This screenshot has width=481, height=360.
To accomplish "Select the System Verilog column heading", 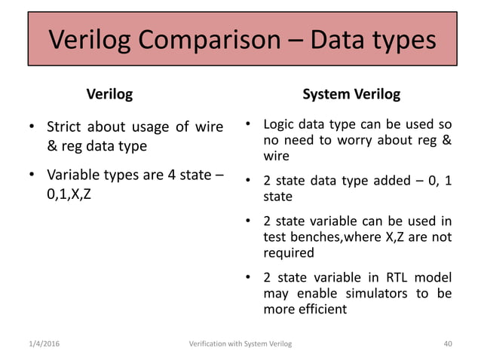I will [351, 95].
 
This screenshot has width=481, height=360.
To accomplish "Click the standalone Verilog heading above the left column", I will [110, 95].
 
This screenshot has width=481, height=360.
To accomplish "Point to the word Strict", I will [66, 126].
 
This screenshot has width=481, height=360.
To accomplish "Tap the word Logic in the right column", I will [280, 124].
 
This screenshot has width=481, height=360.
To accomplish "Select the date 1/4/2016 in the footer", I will [39, 344].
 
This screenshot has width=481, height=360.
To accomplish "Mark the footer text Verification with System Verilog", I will [240, 344].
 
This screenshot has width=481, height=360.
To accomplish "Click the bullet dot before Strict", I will [32, 127].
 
